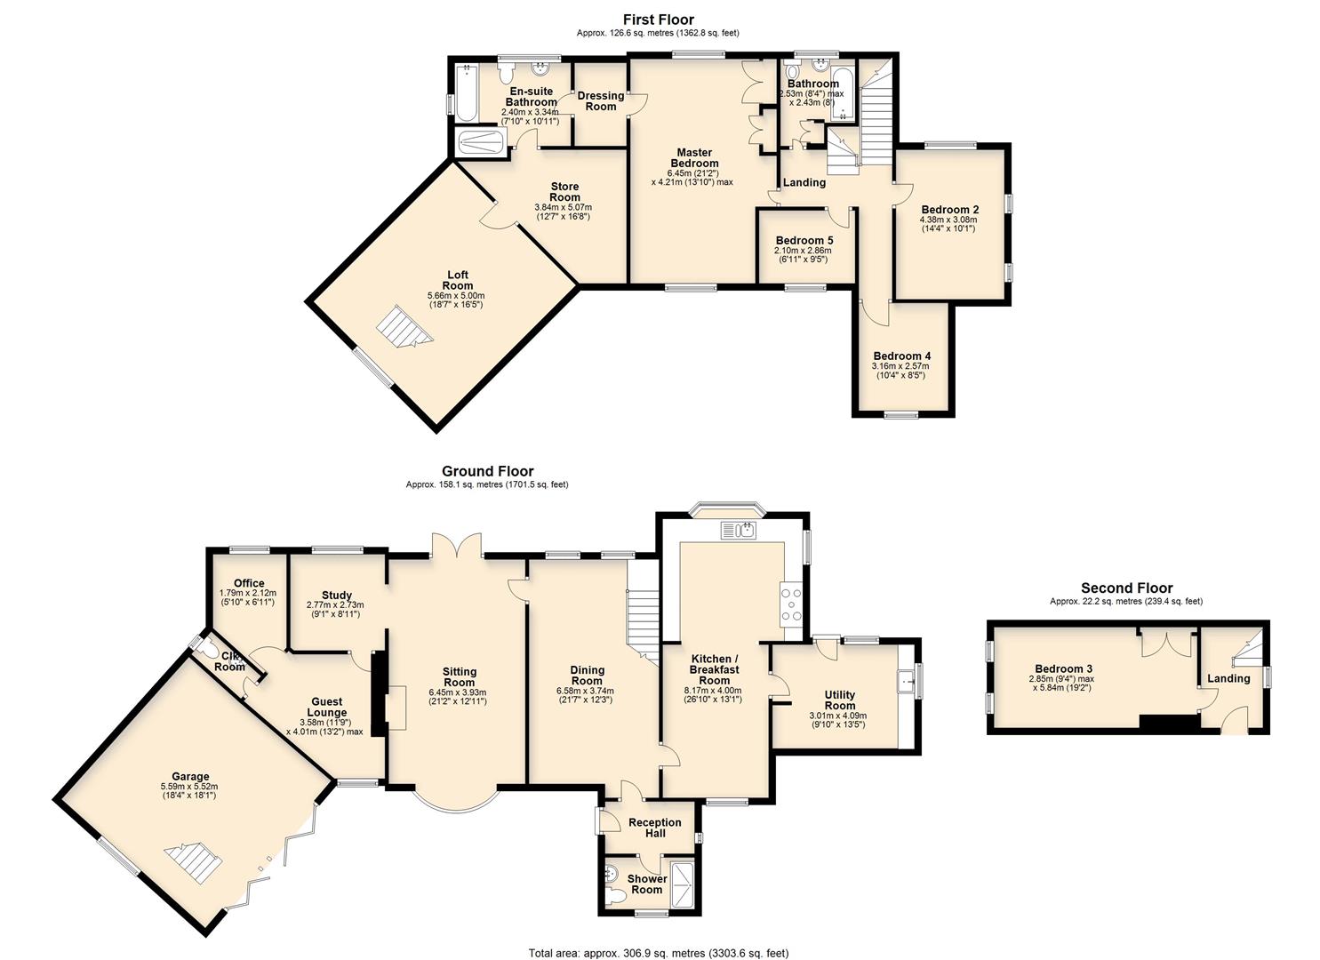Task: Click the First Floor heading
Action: [658, 20]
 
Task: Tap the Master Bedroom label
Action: [693, 157]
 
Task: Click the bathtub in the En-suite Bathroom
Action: [466, 92]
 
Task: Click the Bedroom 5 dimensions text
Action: [803, 255]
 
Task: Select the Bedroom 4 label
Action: [901, 356]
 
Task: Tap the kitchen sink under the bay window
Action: [739, 532]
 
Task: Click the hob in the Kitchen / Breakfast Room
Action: [790, 604]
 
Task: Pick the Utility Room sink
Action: [907, 679]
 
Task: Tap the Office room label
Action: [249, 583]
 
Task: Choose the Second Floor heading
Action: [1126, 588]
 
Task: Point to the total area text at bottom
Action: [658, 953]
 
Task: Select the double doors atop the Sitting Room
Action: [457, 544]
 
